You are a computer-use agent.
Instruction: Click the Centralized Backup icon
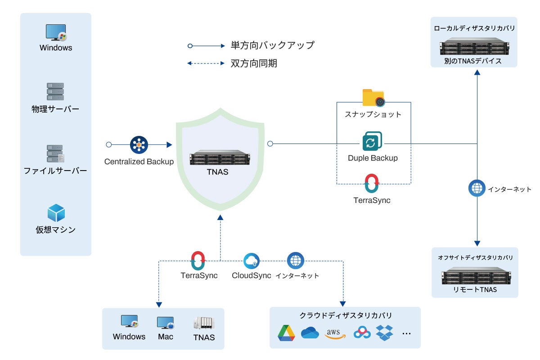coord(139,145)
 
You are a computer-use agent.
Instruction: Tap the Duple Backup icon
coord(372,141)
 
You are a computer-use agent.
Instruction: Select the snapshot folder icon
coord(373,98)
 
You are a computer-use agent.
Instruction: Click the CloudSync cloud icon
coord(252,261)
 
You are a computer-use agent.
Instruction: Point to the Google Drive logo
coord(286,333)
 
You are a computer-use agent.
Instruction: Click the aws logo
coord(335,333)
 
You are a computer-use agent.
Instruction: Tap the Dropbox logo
coord(384,333)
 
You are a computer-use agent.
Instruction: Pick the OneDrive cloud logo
coord(310,333)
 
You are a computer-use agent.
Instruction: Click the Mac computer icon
coord(166,323)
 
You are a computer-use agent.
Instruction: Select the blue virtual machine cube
coord(56,213)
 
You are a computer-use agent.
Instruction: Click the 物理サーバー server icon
coord(55,91)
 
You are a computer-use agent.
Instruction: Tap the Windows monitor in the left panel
coord(56,32)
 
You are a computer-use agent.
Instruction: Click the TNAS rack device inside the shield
coord(220,157)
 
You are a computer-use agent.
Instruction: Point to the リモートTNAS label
coord(475,289)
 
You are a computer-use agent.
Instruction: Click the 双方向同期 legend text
coord(254,63)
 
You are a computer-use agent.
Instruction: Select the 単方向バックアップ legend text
coord(273,45)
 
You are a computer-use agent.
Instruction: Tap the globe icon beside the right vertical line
coord(477,188)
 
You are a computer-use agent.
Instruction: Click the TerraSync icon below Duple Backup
coord(372,183)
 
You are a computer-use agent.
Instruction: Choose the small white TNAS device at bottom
coord(204,323)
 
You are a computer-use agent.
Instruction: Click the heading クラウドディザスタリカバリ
coord(346,315)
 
